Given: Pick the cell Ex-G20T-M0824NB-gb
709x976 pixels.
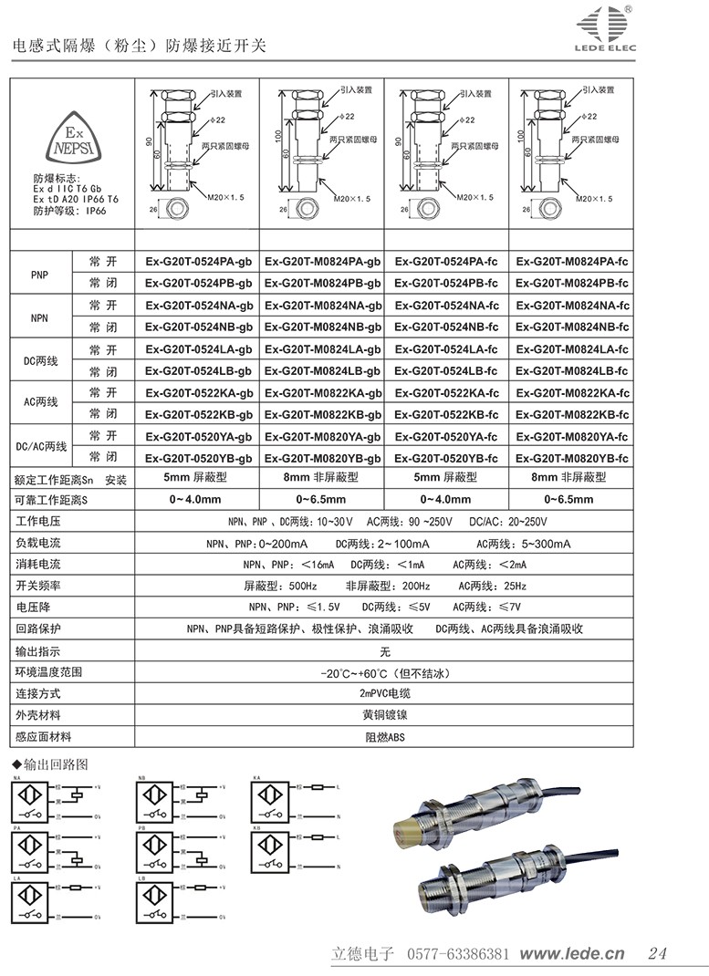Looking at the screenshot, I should (322, 327).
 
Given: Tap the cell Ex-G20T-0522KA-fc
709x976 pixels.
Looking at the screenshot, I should (446, 392).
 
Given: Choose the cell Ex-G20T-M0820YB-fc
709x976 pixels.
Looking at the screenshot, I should (572, 458).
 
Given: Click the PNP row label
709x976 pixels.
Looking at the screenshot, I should (39, 273).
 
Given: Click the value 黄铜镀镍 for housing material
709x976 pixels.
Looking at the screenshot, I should (384, 715).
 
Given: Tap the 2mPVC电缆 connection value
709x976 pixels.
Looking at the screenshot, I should (384, 693).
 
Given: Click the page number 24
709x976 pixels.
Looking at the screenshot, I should (657, 954).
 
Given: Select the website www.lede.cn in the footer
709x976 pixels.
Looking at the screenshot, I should (572, 954).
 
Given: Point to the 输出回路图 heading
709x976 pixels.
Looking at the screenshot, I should (55, 763).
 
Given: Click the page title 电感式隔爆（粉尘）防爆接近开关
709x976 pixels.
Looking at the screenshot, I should (137, 46).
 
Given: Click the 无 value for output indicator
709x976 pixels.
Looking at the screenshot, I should (384, 651).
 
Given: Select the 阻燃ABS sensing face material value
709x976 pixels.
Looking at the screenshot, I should (384, 737).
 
